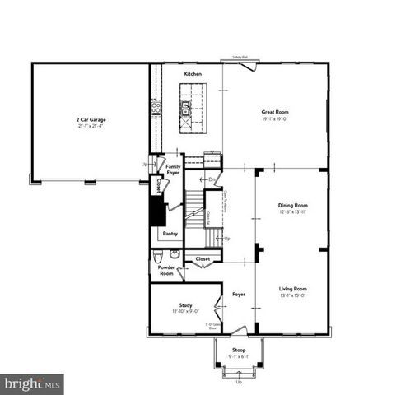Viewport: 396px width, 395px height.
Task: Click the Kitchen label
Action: point(193,74)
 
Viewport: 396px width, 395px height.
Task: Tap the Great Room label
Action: point(275,112)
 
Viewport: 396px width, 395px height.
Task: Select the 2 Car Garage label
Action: point(91,120)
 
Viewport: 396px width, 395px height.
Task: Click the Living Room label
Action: point(292,289)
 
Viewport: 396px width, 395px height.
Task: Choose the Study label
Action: point(186,305)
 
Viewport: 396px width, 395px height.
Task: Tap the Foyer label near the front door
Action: point(239,294)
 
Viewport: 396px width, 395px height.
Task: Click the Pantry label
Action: point(170,234)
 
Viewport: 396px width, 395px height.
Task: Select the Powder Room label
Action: point(166,271)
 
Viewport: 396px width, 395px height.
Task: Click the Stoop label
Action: point(239,350)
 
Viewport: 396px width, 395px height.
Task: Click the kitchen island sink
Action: point(187,107)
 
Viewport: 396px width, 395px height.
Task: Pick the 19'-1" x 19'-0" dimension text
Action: point(275,118)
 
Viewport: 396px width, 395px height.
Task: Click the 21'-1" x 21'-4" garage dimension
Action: point(91,127)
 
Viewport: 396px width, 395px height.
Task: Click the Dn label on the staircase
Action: point(212,179)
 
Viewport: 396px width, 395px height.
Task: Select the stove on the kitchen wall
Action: point(155,107)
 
